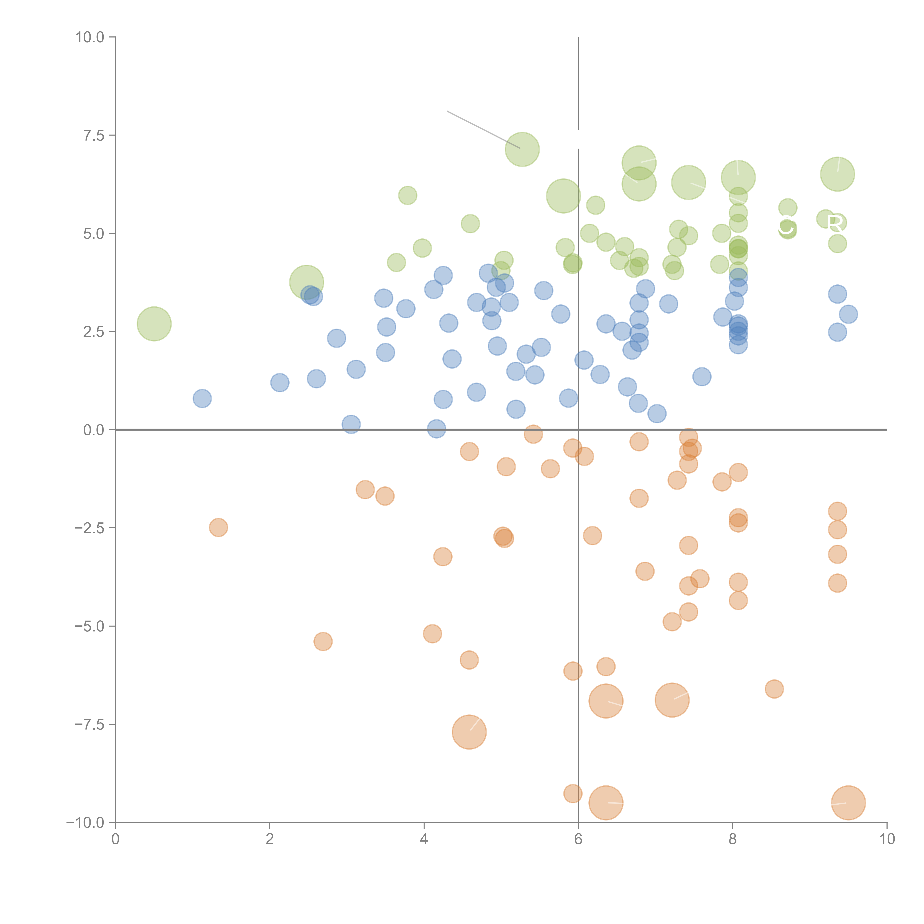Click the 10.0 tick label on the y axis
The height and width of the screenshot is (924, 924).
coord(90,37)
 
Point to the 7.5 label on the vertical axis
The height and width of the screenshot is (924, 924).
coord(94,135)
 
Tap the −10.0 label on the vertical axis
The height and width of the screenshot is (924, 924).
coord(85,823)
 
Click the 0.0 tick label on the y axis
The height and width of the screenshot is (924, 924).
coord(94,430)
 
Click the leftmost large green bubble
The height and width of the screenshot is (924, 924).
coord(154,324)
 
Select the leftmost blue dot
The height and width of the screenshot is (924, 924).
coord(202,398)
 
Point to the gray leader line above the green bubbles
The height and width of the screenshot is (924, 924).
coord(483,129)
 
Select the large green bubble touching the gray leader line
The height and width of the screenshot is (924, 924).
coord(522,149)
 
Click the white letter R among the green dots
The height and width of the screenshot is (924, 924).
coord(835,223)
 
